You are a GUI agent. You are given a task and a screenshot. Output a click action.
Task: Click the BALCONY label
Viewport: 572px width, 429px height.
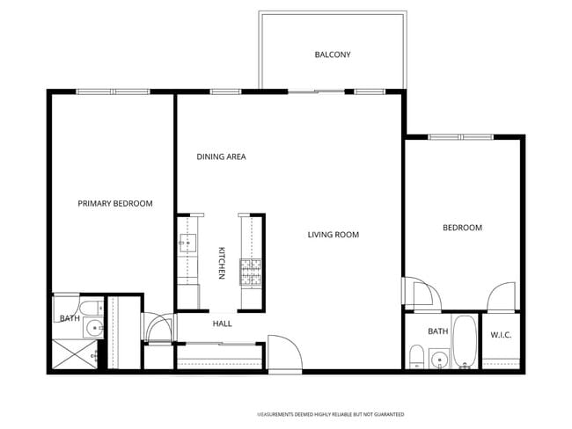pos(333,55)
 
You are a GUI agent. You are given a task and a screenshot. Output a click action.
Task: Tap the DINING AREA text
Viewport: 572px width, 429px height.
pos(221,156)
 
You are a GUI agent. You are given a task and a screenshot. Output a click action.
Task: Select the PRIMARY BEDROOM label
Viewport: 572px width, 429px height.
pos(115,203)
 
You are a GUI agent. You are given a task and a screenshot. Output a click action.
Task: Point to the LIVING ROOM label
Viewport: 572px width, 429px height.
pos(333,235)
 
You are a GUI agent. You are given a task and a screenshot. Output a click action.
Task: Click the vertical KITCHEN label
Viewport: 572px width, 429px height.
pos(221,263)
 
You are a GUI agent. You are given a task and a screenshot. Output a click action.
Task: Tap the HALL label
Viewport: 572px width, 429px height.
pos(222,324)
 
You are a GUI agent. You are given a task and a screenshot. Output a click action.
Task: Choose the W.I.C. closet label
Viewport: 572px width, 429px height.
pos(501,335)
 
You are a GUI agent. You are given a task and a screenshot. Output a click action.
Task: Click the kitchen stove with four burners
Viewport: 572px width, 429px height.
pos(251,272)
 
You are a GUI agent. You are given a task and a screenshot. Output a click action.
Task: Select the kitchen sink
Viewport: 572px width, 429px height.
pos(187,244)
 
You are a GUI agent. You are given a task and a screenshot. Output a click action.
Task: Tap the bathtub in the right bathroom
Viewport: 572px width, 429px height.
pos(465,341)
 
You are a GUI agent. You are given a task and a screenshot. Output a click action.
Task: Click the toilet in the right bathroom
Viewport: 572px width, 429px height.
pos(416,356)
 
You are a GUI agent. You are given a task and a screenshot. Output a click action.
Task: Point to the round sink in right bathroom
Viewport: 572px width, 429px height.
pos(440,360)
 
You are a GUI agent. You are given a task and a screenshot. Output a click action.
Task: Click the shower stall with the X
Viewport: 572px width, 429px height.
pos(75,353)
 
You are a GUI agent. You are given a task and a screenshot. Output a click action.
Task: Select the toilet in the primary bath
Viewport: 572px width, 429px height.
pos(92,309)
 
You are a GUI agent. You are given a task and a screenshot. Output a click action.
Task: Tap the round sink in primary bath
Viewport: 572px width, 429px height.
pos(94,328)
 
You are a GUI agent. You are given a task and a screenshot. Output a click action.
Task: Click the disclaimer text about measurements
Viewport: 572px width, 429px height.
pos(331,414)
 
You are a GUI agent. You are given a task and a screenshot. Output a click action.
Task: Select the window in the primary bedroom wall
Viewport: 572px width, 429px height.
pos(113,91)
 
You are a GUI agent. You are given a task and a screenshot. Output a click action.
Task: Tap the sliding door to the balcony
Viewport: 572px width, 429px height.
pos(316,91)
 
